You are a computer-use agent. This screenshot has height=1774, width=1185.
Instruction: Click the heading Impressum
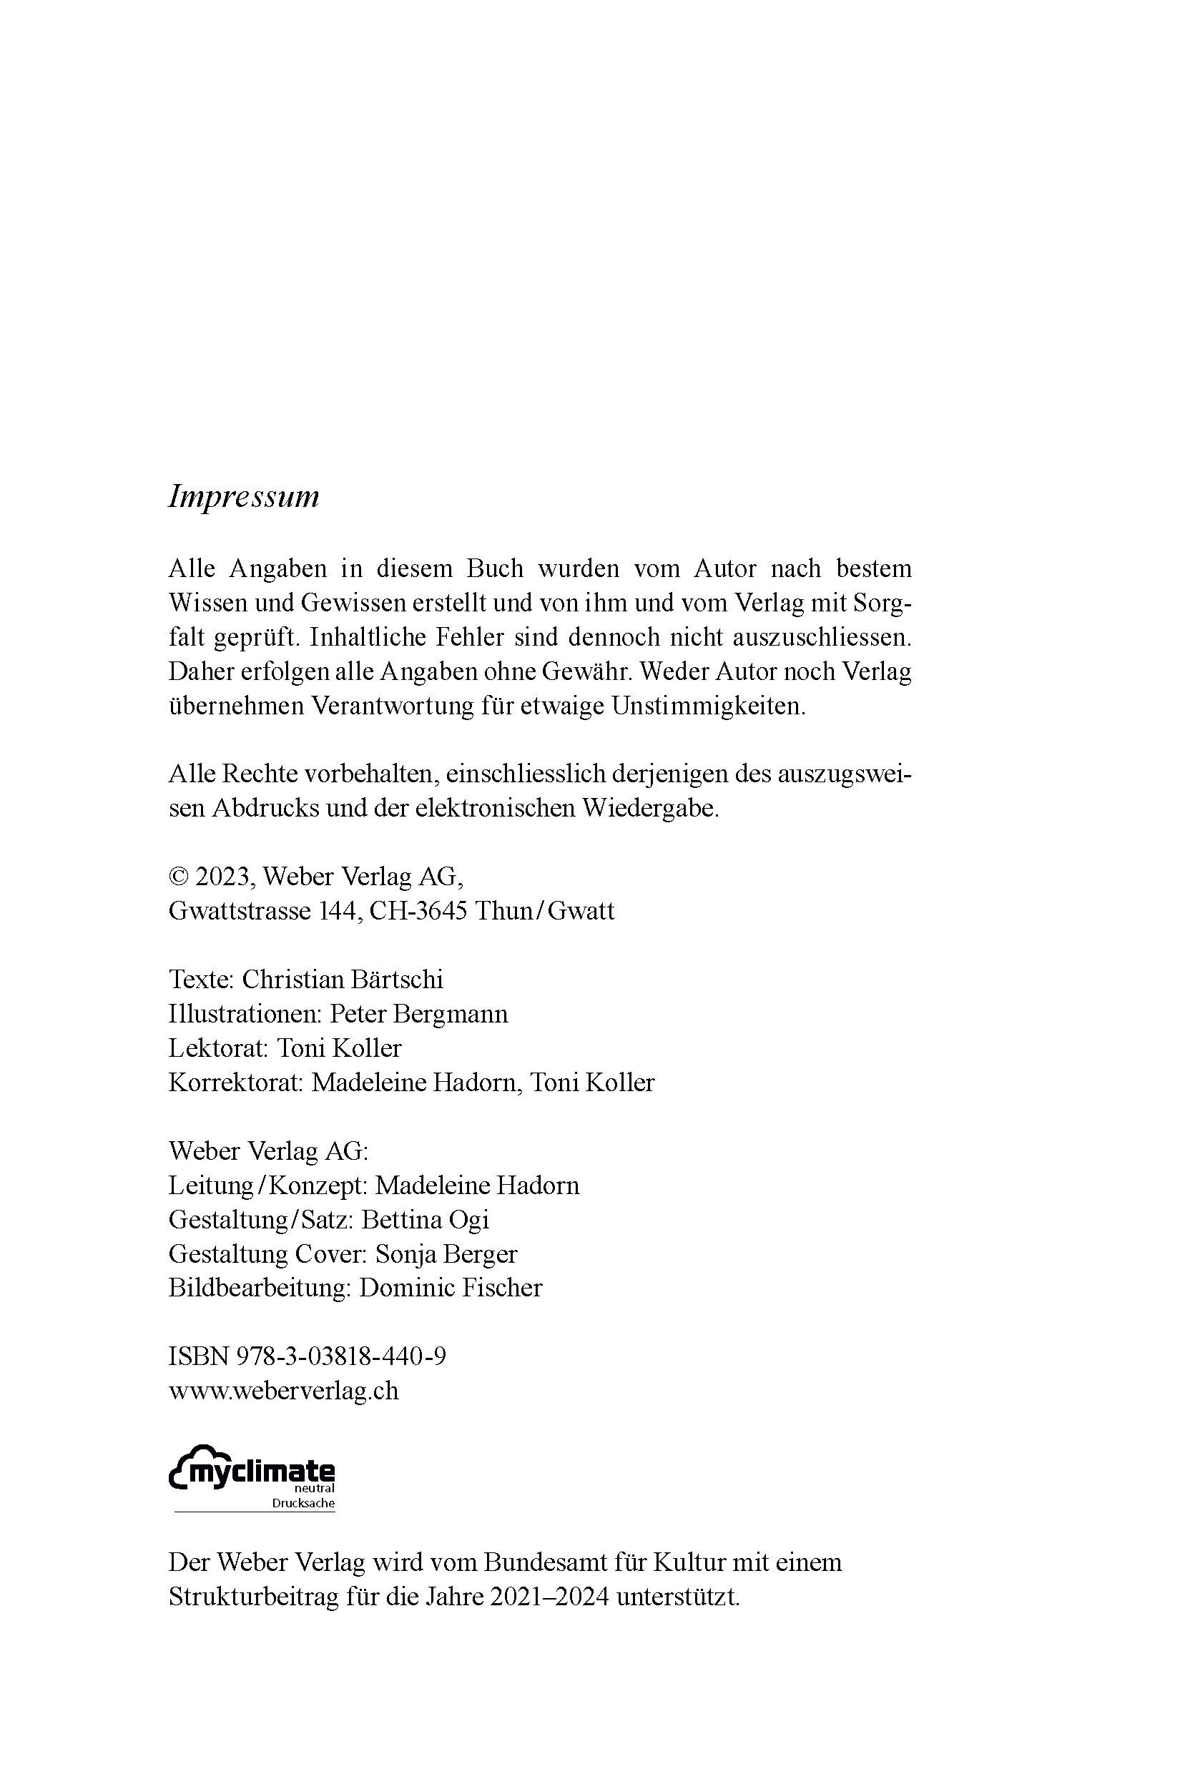[243, 497]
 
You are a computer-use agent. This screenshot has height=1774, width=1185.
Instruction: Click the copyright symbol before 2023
[177, 877]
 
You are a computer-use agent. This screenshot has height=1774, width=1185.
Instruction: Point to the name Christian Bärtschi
[343, 979]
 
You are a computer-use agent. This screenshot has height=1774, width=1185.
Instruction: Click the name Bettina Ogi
[425, 1219]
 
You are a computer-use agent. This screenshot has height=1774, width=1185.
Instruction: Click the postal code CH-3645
[418, 910]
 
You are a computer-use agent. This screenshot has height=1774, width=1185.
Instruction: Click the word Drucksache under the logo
[303, 1504]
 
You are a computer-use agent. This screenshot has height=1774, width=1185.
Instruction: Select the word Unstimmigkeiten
[708, 706]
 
